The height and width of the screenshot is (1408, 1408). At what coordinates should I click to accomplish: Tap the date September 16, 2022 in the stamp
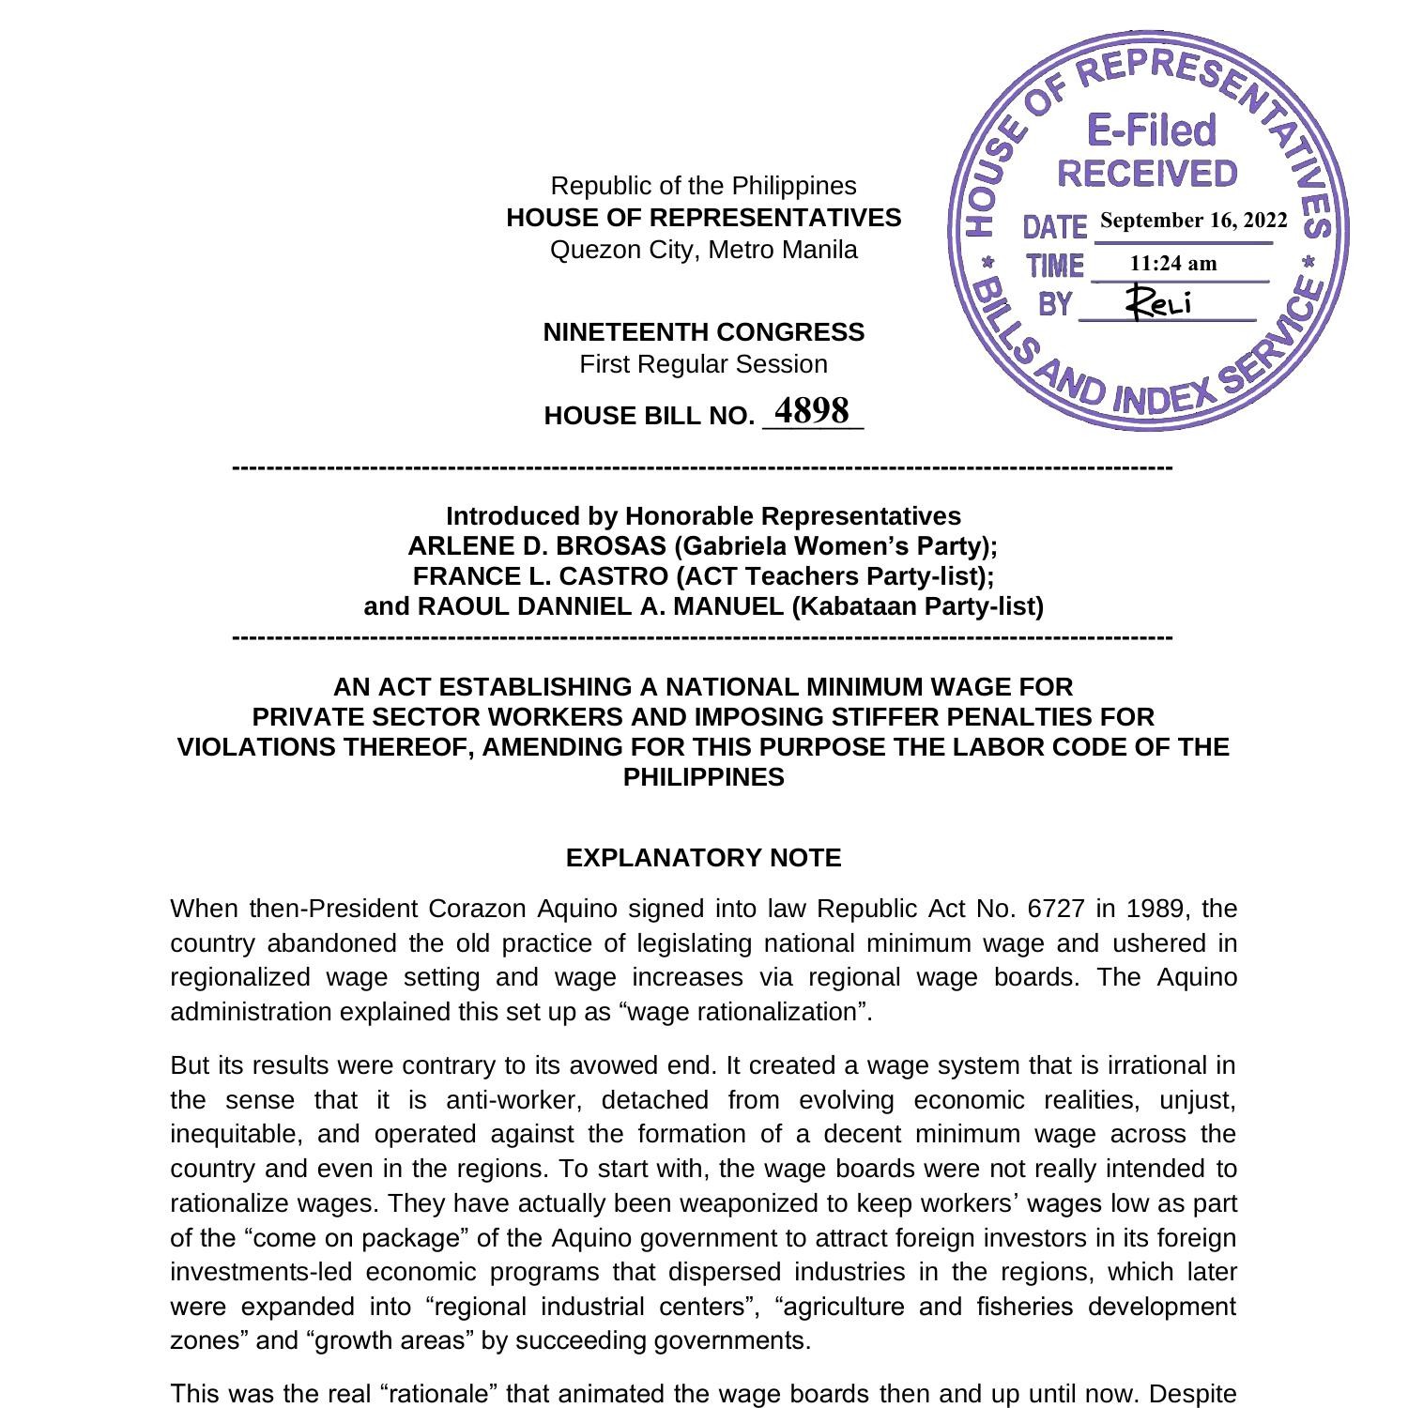click(x=1193, y=221)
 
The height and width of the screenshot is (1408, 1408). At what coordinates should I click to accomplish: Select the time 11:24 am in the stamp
click(x=1173, y=264)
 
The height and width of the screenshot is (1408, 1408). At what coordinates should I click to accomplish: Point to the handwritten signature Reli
click(x=1160, y=302)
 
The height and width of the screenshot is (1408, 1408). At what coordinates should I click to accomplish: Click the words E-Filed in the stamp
click(x=1151, y=130)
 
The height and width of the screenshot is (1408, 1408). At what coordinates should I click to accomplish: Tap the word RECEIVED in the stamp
click(x=1147, y=174)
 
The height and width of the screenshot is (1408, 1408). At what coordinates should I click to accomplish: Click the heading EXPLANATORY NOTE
click(x=703, y=858)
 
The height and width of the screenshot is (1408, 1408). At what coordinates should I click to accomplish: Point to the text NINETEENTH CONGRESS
click(x=703, y=332)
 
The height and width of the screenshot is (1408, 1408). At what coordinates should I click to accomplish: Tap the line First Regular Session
click(x=703, y=364)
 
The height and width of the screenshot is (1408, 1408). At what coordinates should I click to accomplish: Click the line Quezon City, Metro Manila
click(x=703, y=250)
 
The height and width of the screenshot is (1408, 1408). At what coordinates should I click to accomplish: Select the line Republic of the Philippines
click(x=703, y=186)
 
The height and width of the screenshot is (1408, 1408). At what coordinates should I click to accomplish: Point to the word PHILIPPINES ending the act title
click(x=703, y=777)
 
